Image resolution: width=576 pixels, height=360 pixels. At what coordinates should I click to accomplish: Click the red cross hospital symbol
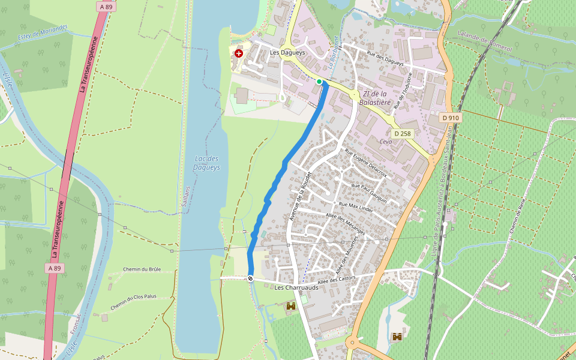239,53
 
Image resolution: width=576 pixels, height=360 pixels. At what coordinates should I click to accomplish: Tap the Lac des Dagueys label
206,163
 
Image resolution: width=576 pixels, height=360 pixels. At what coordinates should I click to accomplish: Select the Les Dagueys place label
287,53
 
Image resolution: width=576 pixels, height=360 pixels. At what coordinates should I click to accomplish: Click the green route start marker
319,82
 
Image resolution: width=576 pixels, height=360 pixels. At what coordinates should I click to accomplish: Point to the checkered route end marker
250,278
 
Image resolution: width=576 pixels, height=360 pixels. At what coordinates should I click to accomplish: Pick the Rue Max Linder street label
356,208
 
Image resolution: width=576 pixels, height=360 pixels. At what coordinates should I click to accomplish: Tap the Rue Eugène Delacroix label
365,162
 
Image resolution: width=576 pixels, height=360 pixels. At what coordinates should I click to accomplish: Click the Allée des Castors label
337,279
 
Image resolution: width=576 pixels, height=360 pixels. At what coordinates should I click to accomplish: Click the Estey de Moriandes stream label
43,31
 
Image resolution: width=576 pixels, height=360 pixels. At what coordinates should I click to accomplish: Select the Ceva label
386,142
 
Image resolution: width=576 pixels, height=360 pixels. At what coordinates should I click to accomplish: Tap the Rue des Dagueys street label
386,59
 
